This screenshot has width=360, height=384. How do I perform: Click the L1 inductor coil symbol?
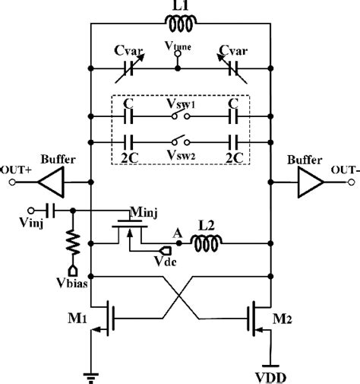click(180, 26)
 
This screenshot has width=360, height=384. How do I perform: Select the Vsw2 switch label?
click(182, 152)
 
